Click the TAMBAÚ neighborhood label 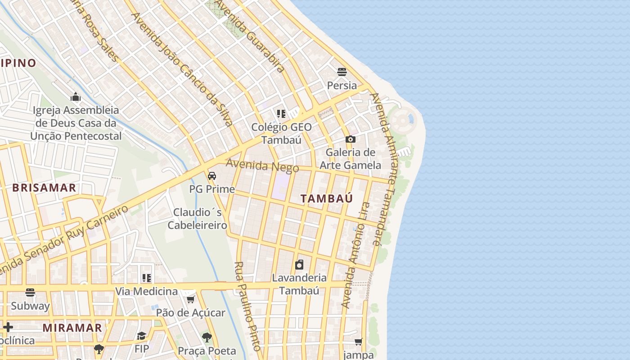326,198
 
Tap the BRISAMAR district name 44,188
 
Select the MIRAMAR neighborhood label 72,328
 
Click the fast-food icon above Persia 342,72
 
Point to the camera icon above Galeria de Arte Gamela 351,139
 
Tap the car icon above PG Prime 212,175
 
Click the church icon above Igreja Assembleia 76,97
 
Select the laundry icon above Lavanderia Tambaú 299,265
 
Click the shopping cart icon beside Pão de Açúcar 191,299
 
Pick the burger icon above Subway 30,292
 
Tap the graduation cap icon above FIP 142,336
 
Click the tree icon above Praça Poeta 207,337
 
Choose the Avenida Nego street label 262,165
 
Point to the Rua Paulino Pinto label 247,306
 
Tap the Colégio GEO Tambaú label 281,133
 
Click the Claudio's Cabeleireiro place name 198,218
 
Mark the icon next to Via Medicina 147,278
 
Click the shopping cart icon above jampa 359,342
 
